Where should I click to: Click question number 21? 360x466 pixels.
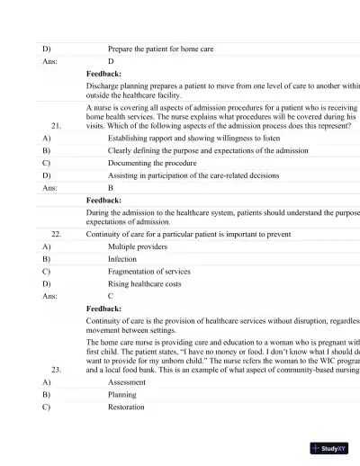(x=56, y=127)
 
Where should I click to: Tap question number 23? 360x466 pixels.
(x=56, y=369)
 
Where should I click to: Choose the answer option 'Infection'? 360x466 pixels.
(x=122, y=258)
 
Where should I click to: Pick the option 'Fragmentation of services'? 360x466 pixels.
(x=149, y=271)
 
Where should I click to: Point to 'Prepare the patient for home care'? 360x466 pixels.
(x=160, y=49)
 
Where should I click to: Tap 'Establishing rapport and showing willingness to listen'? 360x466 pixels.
(x=191, y=139)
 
